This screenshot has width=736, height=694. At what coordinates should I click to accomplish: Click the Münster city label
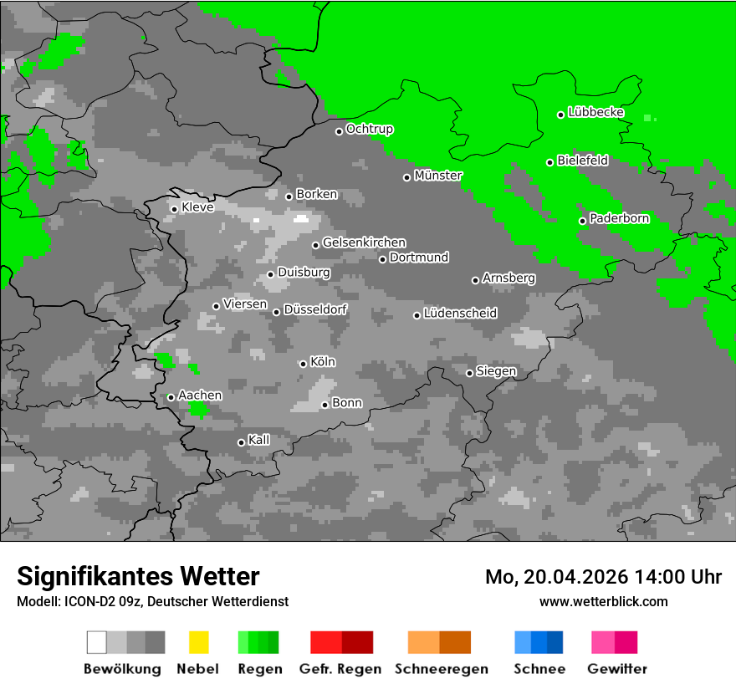[437, 176]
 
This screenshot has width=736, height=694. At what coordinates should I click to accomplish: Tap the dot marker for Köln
[303, 364]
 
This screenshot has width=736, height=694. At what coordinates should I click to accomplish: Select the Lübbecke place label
[595, 112]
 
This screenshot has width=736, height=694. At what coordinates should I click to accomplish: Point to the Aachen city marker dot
[171, 397]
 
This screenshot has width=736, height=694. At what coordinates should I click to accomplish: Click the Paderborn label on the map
[619, 218]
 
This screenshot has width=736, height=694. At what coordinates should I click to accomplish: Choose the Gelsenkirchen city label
[364, 242]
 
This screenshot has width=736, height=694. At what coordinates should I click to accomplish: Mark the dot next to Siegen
[469, 373]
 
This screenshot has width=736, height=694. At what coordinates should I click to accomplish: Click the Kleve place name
[197, 207]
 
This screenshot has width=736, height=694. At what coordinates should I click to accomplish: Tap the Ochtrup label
[369, 129]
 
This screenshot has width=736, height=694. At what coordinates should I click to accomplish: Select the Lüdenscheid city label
[460, 313]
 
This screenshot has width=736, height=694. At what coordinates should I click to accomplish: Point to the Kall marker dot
[241, 442]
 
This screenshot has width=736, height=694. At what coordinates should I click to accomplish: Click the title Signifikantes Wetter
[138, 576]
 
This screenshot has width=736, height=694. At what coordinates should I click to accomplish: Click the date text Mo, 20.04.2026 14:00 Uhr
[603, 577]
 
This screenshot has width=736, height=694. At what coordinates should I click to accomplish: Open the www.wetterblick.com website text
[603, 601]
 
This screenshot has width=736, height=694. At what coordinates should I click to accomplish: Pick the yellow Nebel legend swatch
[198, 642]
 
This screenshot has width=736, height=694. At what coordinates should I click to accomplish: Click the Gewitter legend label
[616, 669]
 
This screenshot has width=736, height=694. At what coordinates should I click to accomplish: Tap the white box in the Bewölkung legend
[96, 642]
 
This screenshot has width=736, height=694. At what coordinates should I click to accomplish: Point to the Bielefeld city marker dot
[549, 162]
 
